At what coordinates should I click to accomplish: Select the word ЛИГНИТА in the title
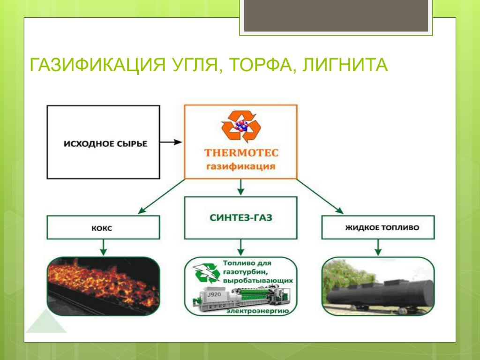[345, 65]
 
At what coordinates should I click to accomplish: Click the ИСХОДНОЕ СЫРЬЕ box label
[105, 143]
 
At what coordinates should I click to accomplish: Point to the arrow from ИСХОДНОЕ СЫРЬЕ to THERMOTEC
[171, 142]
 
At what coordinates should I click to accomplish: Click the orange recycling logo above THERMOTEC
[241, 126]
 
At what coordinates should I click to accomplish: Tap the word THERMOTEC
[241, 153]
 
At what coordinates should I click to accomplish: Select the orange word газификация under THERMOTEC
[240, 166]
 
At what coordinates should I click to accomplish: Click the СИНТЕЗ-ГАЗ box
[240, 217]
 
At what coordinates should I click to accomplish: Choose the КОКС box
[103, 227]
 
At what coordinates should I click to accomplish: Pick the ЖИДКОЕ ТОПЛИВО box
[378, 227]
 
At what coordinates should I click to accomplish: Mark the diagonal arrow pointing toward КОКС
[161, 196]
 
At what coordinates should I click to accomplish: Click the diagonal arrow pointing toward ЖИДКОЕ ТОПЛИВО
[320, 196]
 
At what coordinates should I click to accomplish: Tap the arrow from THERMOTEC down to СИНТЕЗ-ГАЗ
[240, 187]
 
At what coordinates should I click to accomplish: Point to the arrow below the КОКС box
[103, 247]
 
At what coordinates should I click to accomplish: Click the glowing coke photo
[103, 286]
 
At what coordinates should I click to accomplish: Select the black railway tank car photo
[378, 286]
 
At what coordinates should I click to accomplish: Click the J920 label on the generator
[214, 294]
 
